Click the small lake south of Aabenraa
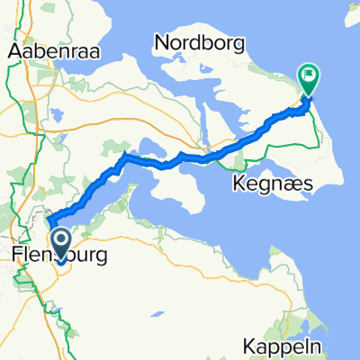click(x=57, y=115)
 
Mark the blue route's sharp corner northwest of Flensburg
click(x=49, y=220)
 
